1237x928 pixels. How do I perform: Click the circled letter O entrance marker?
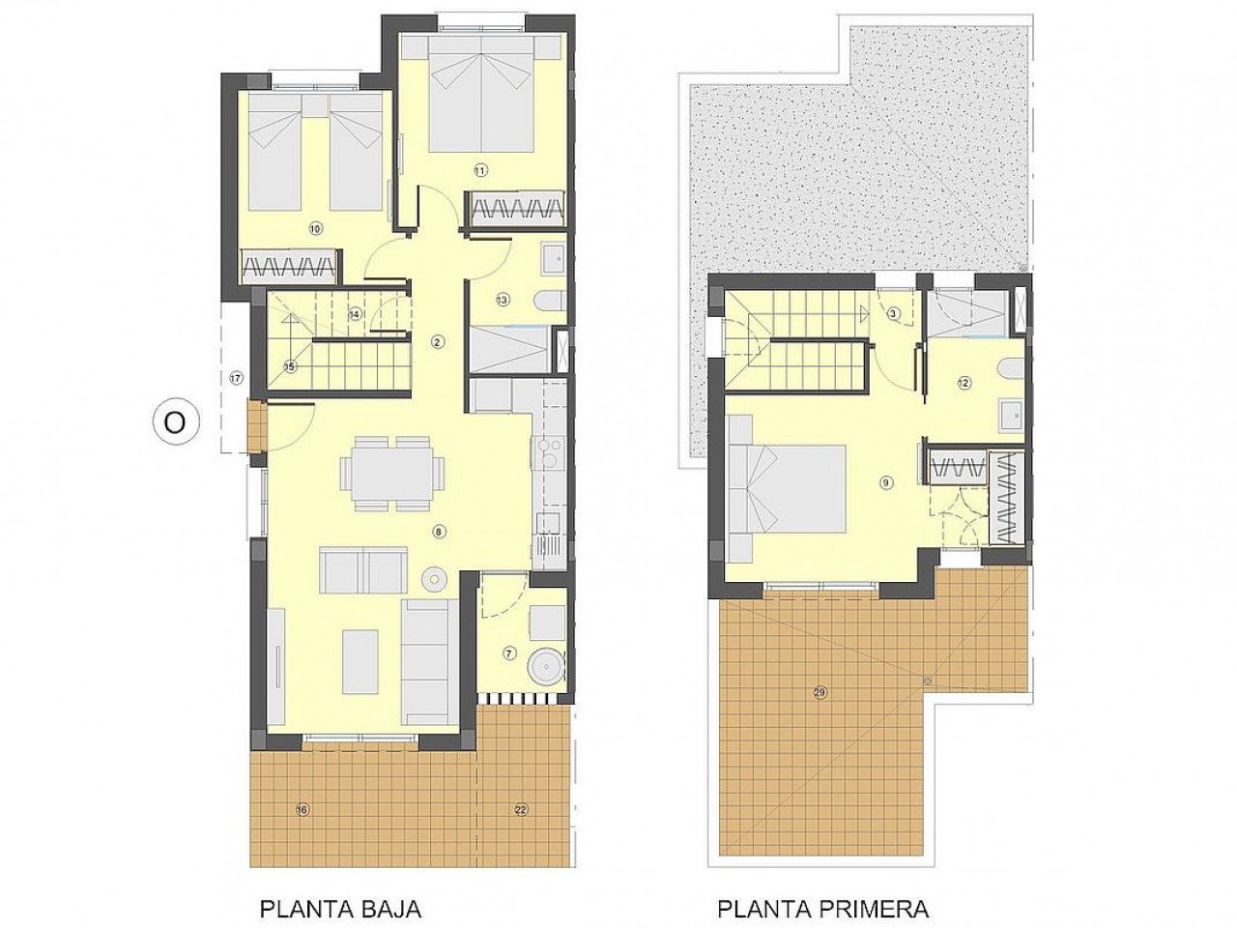175,422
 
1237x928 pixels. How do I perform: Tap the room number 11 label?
480,170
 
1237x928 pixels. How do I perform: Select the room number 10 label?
315,229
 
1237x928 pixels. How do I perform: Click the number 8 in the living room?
439,531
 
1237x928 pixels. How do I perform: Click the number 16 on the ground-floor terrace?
302,809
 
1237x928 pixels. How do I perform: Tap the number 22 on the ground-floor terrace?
521,809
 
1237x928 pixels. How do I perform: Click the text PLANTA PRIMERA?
822,909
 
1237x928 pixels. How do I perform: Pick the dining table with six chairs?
392,473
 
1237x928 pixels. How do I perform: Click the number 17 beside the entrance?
236,378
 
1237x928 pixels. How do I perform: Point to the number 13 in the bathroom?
503,300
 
